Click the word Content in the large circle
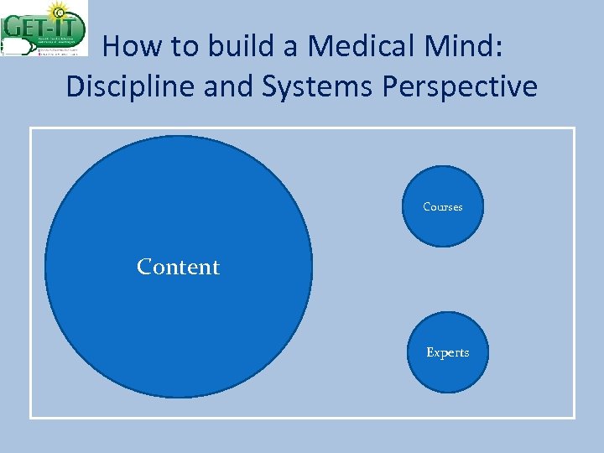tap(178, 267)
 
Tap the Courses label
tap(442, 207)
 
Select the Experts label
tap(447, 352)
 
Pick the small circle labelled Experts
tap(447, 373)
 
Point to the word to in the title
tap(181, 46)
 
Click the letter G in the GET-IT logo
tap(13, 25)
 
